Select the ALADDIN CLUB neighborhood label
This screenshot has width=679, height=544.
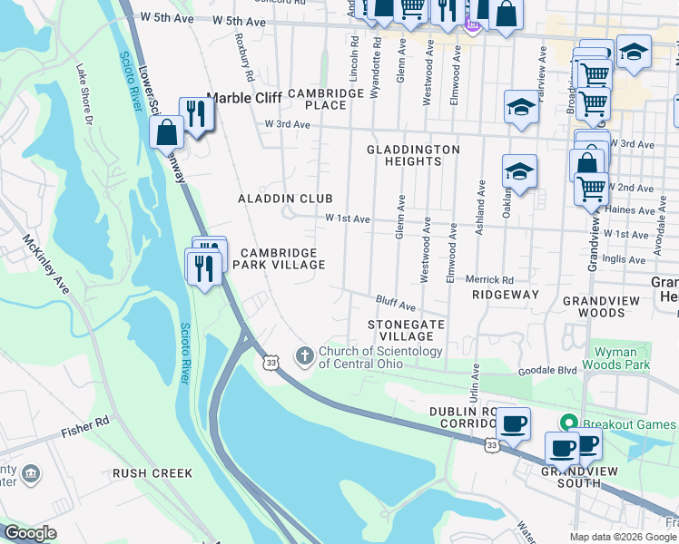[285, 198]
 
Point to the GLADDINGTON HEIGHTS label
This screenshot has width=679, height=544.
[413, 155]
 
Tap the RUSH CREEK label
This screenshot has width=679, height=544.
[152, 473]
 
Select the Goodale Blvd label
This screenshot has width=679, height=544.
[547, 371]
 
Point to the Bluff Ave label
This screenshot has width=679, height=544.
[396, 303]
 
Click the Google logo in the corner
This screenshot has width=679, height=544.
[30, 533]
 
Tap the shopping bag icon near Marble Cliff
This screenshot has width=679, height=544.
[167, 132]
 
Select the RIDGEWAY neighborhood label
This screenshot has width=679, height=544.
[506, 295]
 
